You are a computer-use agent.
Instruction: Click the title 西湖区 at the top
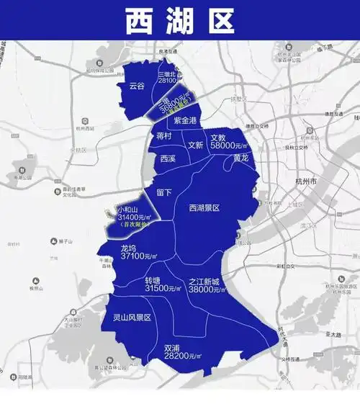[180, 21]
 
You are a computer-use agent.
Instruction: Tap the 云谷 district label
[137, 86]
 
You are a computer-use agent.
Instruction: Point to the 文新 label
[196, 144]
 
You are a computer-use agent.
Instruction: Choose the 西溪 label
[168, 158]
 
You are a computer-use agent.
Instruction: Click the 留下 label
[164, 192]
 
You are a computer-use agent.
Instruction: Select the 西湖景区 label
[204, 207]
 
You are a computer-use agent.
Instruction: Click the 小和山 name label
[129, 208]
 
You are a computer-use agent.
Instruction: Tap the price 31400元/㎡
[132, 217]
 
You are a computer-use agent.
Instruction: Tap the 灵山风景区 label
[132, 317]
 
